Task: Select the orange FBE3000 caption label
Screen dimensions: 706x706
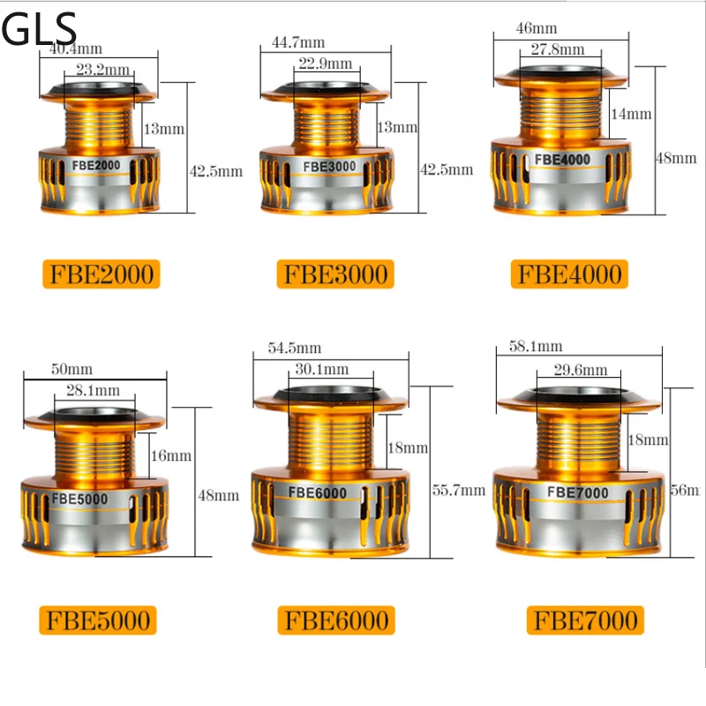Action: [335, 274]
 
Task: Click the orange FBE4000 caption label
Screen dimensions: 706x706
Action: [568, 274]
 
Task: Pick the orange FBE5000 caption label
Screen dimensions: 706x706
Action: [98, 619]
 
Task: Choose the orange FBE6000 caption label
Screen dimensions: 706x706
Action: [335, 620]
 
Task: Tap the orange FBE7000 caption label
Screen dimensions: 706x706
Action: [584, 620]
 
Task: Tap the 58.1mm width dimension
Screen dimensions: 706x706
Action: [535, 347]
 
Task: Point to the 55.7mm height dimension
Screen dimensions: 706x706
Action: [459, 490]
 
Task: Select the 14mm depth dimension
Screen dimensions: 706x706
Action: [632, 114]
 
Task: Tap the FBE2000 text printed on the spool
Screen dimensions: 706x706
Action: [98, 165]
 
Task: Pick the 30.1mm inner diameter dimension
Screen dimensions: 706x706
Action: [323, 369]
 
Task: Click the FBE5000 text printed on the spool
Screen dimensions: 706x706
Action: [79, 499]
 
